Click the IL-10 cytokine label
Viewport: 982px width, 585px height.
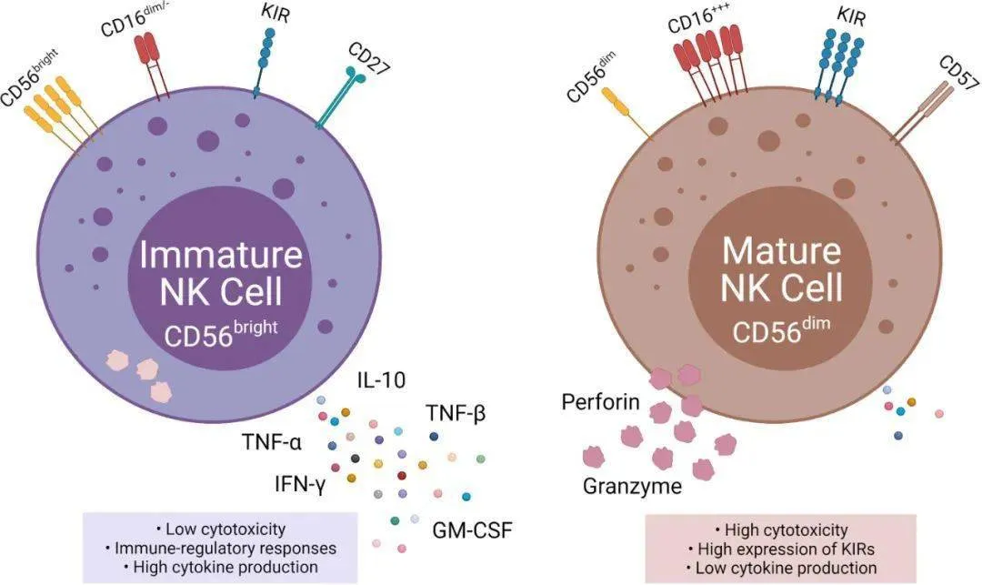click(x=381, y=379)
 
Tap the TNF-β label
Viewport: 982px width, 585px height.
click(x=456, y=413)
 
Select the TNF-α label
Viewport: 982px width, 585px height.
click(x=272, y=443)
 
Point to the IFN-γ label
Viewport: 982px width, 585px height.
click(x=300, y=484)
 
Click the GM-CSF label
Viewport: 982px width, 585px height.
click(x=472, y=530)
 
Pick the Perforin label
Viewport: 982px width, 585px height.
click(x=601, y=401)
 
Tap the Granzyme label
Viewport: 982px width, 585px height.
click(x=633, y=486)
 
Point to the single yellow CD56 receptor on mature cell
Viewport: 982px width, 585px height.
click(x=627, y=114)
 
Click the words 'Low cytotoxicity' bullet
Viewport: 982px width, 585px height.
click(x=220, y=530)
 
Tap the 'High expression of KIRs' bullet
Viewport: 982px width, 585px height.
click(x=781, y=550)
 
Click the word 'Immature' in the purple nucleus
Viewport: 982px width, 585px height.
click(x=220, y=255)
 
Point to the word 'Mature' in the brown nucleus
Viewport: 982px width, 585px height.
click(x=782, y=250)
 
